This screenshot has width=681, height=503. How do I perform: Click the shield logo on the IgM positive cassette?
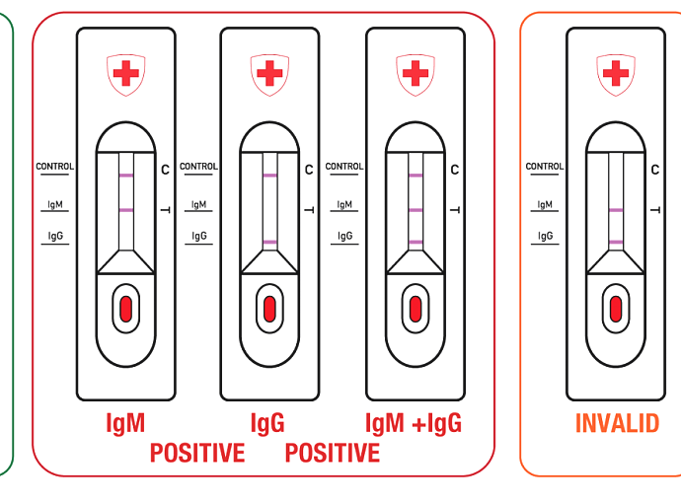[126, 75]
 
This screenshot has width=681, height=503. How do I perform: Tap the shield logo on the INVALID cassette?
[616, 75]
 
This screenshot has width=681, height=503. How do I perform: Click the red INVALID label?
[617, 423]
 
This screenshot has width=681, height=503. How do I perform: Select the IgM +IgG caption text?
[414, 423]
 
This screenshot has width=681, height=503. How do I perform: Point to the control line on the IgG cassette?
[269, 176]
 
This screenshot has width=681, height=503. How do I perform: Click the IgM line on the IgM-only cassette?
[126, 210]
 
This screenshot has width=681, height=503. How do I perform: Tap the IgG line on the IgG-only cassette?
[269, 243]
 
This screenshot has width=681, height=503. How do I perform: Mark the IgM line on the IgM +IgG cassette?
[416, 210]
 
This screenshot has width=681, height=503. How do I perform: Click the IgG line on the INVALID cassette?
[616, 243]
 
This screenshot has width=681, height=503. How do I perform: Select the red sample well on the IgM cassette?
[126, 309]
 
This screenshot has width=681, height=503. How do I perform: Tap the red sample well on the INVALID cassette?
[616, 309]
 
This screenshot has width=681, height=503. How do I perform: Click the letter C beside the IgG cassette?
[309, 170]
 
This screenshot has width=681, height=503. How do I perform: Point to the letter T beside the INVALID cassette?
[655, 210]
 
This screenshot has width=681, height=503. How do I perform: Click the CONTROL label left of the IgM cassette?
[54, 167]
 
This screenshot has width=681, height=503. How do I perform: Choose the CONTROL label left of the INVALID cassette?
[545, 167]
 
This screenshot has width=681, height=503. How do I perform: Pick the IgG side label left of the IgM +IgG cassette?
[344, 236]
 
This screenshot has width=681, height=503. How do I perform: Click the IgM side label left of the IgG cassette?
[199, 204]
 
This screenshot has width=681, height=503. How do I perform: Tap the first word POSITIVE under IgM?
[197, 453]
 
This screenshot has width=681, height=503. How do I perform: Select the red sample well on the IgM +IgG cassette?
[416, 309]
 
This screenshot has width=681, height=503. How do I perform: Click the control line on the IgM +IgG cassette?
[416, 176]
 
